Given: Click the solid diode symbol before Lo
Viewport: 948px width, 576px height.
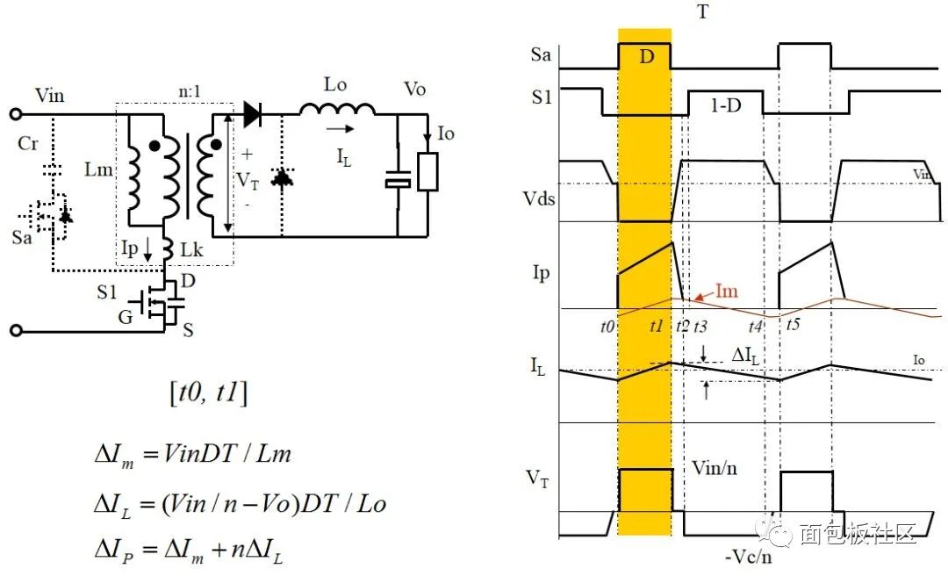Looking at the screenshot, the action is tap(252, 114).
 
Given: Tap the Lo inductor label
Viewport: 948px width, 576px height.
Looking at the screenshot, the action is tap(335, 84).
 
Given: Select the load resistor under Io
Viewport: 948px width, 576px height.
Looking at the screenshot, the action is tap(427, 172).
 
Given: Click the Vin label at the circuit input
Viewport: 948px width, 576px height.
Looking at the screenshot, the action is tap(49, 95).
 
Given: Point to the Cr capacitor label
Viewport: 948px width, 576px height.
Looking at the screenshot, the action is tap(28, 143).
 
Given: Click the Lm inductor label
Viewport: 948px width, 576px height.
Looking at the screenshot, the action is tap(98, 169).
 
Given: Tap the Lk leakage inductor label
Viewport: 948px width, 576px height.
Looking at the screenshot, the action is tap(191, 249).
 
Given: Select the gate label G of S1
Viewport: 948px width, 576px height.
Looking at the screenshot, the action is tap(126, 316).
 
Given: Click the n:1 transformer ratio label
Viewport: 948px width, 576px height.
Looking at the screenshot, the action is tap(190, 91).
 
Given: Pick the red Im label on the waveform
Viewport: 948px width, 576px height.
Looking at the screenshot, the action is tap(727, 291).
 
